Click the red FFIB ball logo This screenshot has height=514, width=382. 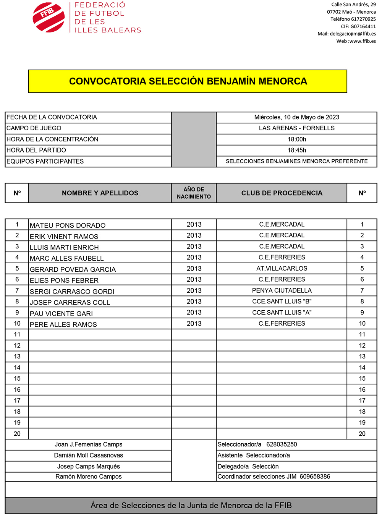coord(49,18)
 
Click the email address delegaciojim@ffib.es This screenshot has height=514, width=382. coord(353,34)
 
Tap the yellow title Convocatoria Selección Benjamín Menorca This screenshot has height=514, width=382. coord(188,81)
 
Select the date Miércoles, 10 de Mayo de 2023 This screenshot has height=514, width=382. coord(296,117)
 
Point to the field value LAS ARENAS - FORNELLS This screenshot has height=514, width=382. coord(296,128)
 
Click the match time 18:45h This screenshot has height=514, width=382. coord(297,150)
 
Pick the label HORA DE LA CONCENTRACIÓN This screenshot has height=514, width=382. coord(52,139)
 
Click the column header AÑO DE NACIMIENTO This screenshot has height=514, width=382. coord(194,193)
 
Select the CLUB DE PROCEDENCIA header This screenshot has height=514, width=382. coord(282,193)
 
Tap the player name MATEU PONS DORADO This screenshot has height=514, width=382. coord(68,225)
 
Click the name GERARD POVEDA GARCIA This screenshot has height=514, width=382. coord(73,269)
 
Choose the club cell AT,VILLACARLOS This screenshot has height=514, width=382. coord(282,268)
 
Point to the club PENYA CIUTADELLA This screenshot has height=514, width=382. coord(282,290)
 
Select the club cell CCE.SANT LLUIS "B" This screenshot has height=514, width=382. coord(282,302)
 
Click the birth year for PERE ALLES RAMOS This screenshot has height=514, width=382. coord(194,324)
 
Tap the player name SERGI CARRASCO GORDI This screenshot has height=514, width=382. coord(72,292)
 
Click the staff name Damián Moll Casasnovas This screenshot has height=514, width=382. coord(89,455)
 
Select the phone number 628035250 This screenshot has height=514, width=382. coord(282,444)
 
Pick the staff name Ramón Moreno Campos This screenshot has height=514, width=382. coord(89,477)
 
